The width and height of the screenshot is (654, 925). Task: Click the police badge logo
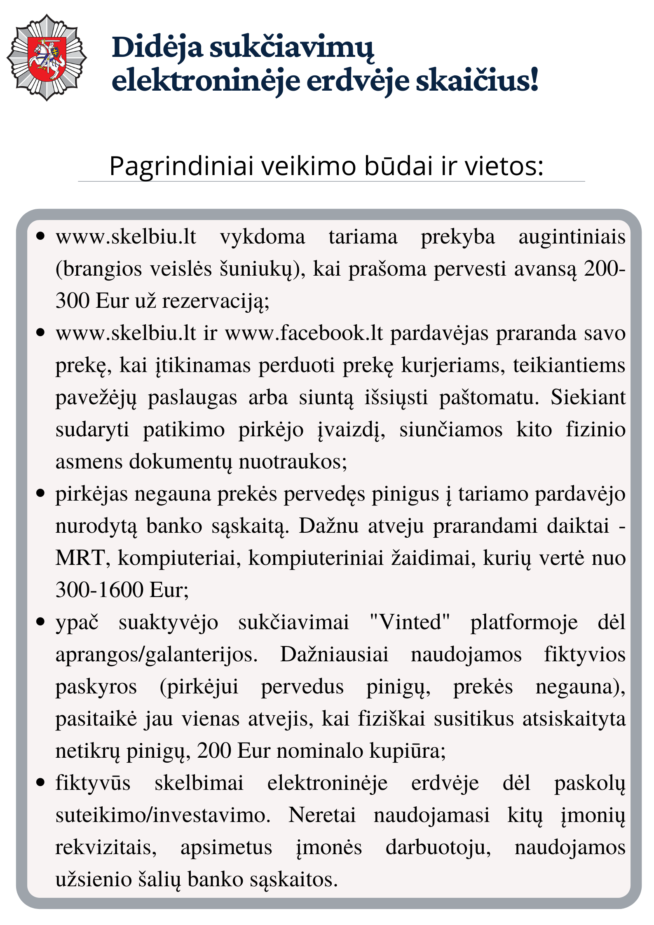click(x=47, y=58)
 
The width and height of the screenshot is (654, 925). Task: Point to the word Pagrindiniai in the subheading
click(x=181, y=166)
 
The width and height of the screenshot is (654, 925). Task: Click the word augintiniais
click(x=572, y=238)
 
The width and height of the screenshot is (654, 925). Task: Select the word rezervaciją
click(x=215, y=302)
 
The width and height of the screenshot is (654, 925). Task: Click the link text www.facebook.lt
click(x=304, y=333)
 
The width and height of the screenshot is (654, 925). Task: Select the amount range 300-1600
click(x=99, y=590)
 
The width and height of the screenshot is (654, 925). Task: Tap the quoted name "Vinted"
click(x=410, y=623)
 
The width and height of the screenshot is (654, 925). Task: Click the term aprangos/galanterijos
click(x=157, y=655)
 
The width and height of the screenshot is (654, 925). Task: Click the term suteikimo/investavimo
click(x=163, y=815)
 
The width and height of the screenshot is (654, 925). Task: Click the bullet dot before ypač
click(x=40, y=621)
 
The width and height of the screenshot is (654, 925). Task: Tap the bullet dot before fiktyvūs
click(x=40, y=782)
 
